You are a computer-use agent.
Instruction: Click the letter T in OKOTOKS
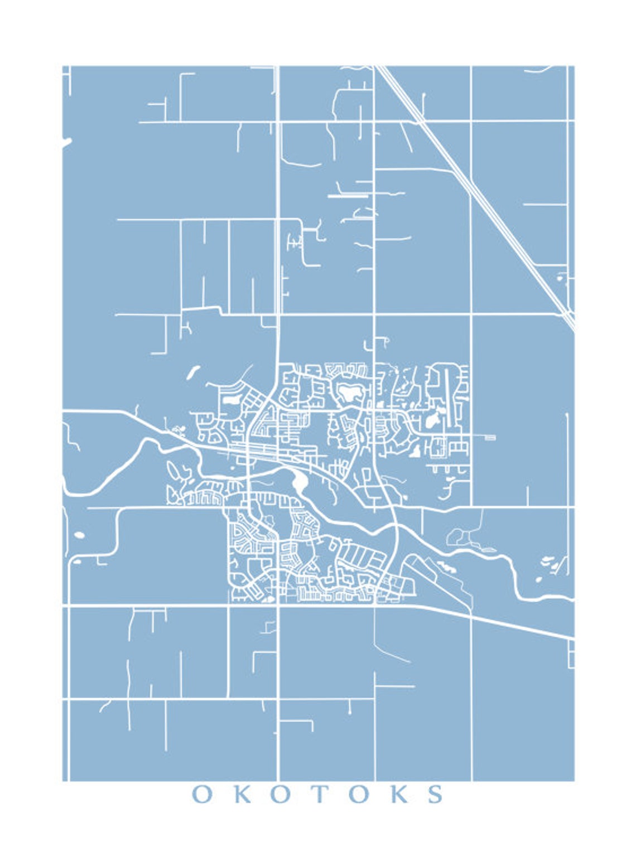coord(320,794)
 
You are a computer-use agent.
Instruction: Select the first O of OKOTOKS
coord(202,794)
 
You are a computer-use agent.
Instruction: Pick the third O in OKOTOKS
coord(359,794)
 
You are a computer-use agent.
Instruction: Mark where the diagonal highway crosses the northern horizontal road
coord(417,120)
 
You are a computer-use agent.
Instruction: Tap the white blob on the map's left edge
coord(66,143)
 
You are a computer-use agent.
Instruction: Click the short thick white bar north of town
coord(348,196)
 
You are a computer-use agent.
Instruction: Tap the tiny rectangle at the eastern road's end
coord(490,438)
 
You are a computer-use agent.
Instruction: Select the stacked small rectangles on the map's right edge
coord(571,654)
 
